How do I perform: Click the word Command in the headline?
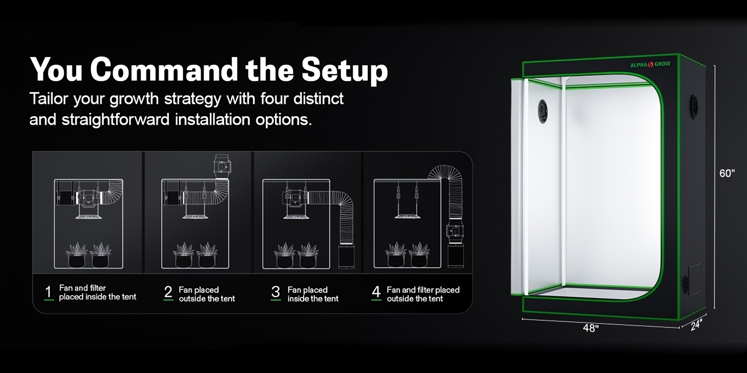[164, 70]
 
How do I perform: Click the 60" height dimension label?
[727, 173]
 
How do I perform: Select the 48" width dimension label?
[591, 328]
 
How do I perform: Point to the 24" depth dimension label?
[696, 325]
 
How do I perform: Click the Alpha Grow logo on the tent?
[650, 64]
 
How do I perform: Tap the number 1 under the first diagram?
[48, 292]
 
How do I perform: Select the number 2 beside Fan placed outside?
[168, 292]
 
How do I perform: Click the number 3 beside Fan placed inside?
[276, 292]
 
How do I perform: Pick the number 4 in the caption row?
[376, 292]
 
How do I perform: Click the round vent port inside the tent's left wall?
[543, 111]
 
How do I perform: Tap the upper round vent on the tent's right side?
[694, 106]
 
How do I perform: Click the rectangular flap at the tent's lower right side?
[694, 279]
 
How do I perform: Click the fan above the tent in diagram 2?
[222, 167]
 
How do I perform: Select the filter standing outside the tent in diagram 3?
[346, 256]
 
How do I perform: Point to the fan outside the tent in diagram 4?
[455, 230]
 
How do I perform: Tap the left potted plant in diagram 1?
[77, 255]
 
